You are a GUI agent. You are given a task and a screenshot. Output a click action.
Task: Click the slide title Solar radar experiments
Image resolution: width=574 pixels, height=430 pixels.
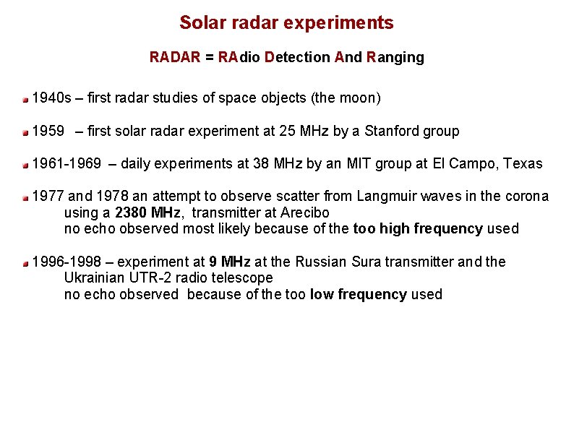(x=286, y=23)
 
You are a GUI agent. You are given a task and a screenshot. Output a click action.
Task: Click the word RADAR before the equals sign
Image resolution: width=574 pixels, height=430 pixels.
(x=174, y=57)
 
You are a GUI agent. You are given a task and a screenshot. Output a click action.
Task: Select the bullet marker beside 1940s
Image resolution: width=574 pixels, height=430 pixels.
(x=25, y=98)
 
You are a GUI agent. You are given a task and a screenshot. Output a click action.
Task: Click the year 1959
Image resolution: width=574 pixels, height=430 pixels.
(x=48, y=131)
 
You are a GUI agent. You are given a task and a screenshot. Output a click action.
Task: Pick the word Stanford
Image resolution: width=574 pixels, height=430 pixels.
(x=393, y=131)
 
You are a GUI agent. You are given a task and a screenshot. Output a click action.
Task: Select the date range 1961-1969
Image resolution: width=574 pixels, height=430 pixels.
(x=67, y=163)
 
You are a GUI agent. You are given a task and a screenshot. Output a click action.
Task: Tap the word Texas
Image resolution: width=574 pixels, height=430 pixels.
(x=523, y=163)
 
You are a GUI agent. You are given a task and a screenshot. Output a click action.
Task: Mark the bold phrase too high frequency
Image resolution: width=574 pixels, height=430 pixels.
(x=417, y=228)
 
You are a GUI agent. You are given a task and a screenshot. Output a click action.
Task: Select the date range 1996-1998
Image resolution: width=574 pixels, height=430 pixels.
(x=67, y=262)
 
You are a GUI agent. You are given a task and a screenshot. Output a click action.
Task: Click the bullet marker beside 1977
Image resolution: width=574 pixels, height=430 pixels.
(x=25, y=197)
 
